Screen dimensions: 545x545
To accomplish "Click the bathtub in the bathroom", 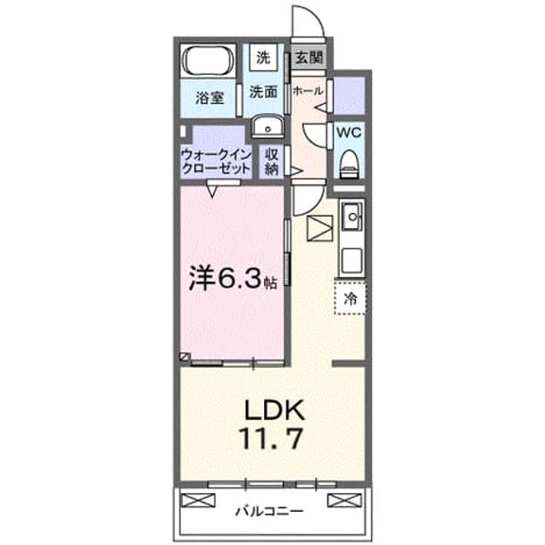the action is point(208,60).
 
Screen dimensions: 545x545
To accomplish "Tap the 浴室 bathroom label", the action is point(209,98).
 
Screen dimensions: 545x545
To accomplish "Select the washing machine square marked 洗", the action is point(263,57).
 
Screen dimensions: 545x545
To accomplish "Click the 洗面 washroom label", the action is point(263,92).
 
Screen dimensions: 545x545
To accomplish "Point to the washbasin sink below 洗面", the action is point(267,126).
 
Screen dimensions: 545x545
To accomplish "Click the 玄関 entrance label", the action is point(308,58).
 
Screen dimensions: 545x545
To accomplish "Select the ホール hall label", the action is point(307,91).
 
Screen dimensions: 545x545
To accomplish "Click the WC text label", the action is point(349,133).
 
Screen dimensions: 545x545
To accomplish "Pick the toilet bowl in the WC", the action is point(349,163).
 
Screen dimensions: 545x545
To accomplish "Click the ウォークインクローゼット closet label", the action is point(215,162).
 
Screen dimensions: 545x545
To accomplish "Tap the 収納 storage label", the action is point(272,162).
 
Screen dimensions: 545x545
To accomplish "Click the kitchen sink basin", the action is point(352,216).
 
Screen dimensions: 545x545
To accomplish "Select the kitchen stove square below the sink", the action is point(352,261).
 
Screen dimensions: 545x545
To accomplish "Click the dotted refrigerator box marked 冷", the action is point(350,298).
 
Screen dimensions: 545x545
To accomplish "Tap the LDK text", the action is point(274,410).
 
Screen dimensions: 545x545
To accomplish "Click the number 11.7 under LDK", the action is point(271,439).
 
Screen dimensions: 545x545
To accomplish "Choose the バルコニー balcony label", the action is point(270,511).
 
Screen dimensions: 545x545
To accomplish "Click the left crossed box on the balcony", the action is point(198,501).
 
